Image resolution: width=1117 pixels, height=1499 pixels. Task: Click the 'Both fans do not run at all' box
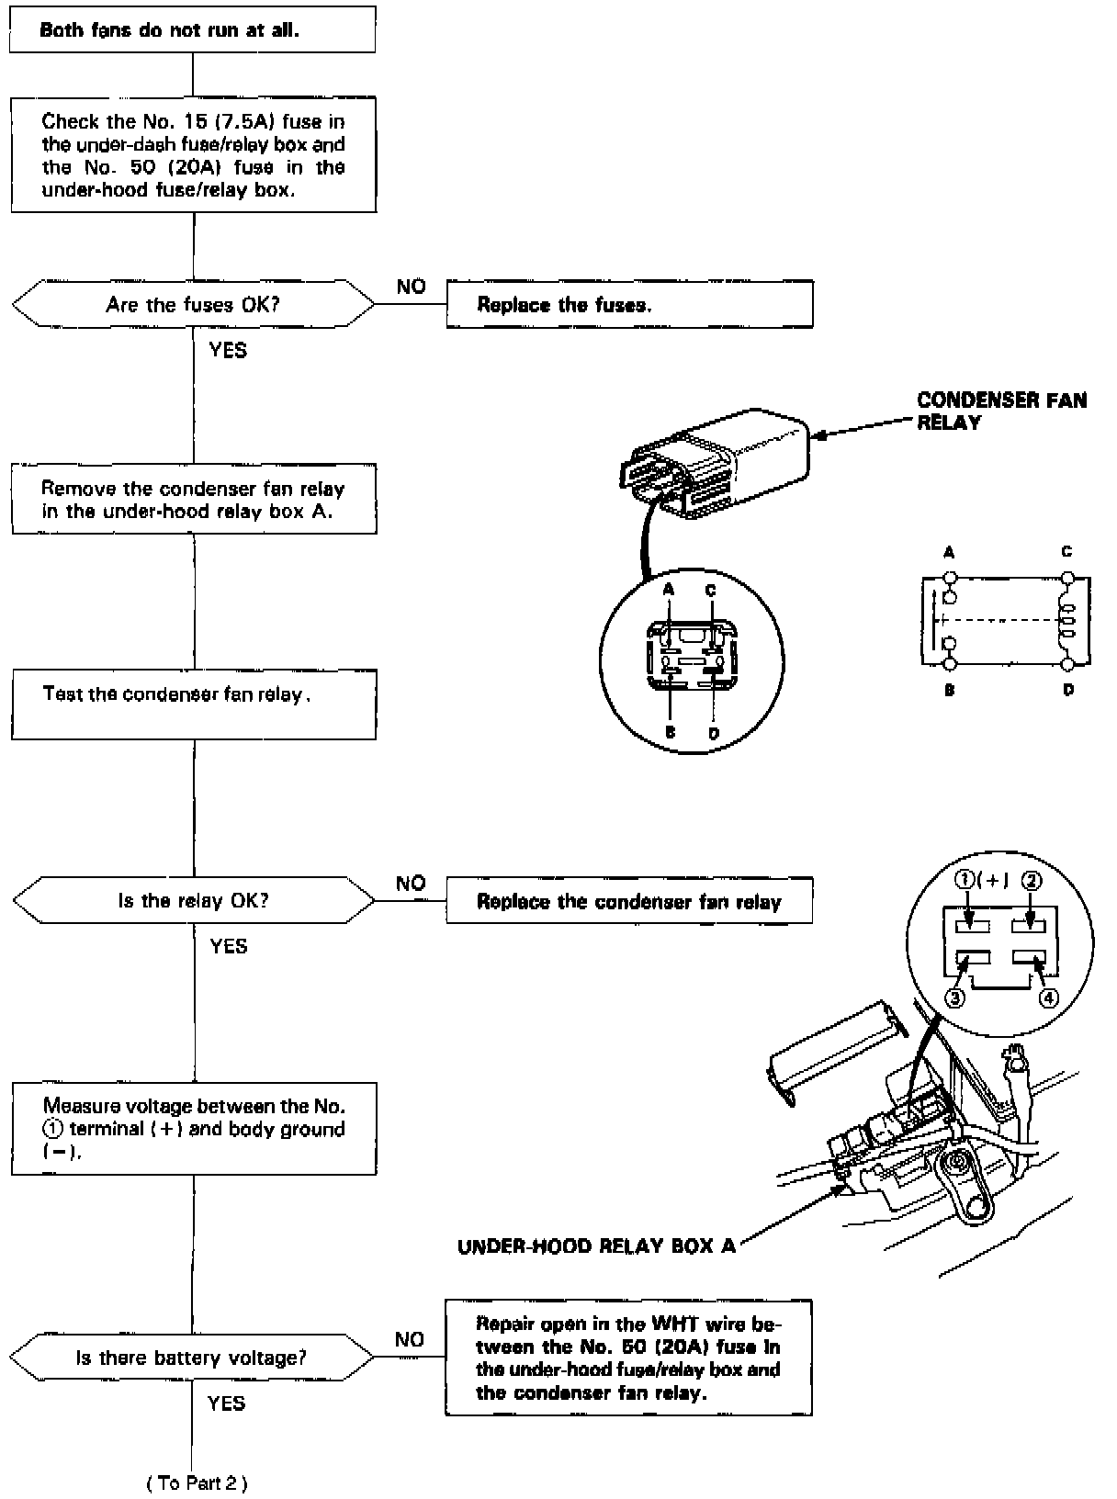[192, 30]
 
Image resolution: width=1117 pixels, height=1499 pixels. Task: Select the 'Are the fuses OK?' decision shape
[193, 304]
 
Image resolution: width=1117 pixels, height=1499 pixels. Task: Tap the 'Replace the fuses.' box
[629, 305]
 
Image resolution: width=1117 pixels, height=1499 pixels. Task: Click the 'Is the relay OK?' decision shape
[193, 900]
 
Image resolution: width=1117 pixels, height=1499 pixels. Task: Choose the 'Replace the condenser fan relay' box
[629, 901]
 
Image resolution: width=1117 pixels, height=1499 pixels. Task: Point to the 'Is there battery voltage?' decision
[191, 1358]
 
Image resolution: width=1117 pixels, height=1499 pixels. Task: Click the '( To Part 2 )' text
[197, 1482]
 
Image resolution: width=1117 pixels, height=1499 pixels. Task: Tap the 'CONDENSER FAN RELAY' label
[1001, 411]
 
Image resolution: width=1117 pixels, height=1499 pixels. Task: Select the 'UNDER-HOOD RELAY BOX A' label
[596, 1246]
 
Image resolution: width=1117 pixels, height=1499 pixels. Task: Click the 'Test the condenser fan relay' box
[193, 704]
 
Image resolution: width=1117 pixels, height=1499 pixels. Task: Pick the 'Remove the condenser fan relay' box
[193, 500]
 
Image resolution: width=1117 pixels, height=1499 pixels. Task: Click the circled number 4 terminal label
[1047, 997]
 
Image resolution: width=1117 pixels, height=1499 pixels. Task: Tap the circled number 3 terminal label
[955, 997]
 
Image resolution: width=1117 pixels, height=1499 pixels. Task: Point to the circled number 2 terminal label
[1032, 881]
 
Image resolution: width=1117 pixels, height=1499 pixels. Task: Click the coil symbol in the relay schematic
[1068, 620]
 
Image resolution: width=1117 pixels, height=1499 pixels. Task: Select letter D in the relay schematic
[1068, 690]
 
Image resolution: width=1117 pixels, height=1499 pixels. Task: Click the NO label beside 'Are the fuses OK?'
[411, 287]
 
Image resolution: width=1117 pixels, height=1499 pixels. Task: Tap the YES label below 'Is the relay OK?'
[229, 946]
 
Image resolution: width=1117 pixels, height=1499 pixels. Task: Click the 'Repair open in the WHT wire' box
[628, 1358]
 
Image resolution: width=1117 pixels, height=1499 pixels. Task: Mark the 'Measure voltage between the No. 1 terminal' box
[193, 1129]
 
